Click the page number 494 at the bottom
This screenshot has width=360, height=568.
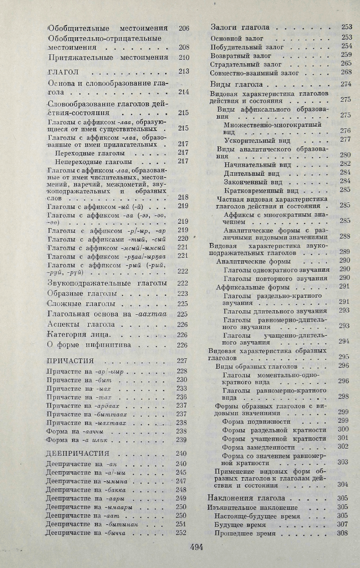click(x=196, y=547)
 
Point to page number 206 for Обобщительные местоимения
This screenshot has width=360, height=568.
click(x=184, y=29)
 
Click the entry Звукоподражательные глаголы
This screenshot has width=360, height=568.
click(x=107, y=283)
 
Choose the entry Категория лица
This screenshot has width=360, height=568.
click(x=79, y=335)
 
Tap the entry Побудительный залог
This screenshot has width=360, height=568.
click(x=243, y=47)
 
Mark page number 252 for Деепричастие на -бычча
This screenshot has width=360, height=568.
click(x=181, y=533)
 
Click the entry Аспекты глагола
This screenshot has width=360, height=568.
click(x=81, y=324)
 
